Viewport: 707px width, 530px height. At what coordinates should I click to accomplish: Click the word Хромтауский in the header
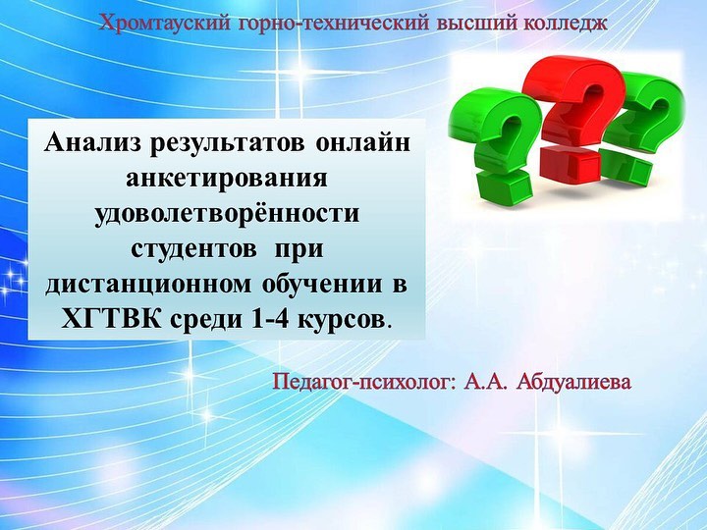point(165,22)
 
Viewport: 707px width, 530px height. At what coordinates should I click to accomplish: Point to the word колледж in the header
point(566,24)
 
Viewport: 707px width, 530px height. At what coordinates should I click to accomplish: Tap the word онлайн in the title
point(362,143)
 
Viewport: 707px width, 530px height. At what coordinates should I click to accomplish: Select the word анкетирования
point(227,178)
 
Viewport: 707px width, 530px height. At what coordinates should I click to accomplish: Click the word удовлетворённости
point(227,213)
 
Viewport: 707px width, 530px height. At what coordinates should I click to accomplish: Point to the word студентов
point(193,249)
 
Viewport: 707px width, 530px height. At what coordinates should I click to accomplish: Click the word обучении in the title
point(321,285)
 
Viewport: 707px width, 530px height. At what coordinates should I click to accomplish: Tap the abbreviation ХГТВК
point(110,320)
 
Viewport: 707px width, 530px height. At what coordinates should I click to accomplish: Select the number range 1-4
point(268,320)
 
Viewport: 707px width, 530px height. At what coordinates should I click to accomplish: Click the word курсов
point(342,320)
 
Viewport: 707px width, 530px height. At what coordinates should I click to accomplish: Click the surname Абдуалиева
point(574,382)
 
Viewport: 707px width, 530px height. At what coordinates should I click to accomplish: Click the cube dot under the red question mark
point(570,164)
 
